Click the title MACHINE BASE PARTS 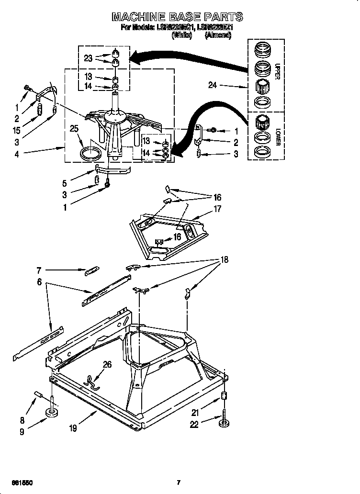[177, 17]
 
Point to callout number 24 [214, 86]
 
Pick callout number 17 [217, 209]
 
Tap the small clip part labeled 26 [90, 380]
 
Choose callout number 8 [22, 421]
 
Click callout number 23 [88, 58]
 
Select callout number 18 [224, 260]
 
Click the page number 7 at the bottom [178, 483]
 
